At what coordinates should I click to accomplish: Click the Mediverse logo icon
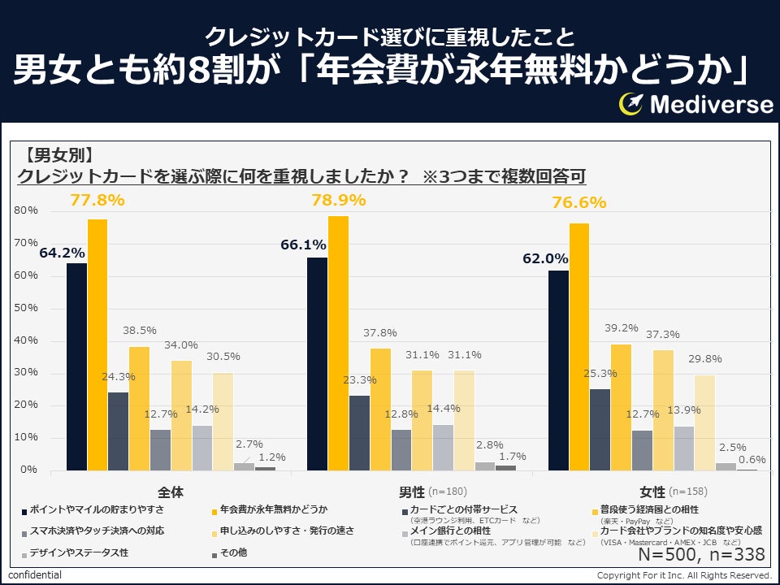(632, 104)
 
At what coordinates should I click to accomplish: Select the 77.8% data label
(97, 199)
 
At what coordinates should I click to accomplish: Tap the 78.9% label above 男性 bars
(338, 199)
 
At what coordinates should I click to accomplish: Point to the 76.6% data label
(578, 202)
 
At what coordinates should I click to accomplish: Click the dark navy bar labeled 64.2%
(76, 366)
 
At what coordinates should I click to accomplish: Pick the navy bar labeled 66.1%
(317, 363)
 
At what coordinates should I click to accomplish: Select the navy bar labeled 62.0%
(558, 370)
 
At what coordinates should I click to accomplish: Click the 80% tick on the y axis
(27, 210)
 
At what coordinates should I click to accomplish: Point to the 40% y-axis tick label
(27, 340)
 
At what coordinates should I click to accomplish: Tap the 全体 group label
(171, 492)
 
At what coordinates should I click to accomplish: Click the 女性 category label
(652, 492)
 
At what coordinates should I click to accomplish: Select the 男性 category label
(412, 492)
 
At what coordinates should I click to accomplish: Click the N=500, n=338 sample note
(701, 554)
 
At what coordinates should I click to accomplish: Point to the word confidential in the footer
(35, 575)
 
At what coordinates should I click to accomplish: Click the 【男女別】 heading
(58, 154)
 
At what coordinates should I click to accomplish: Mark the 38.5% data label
(140, 331)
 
